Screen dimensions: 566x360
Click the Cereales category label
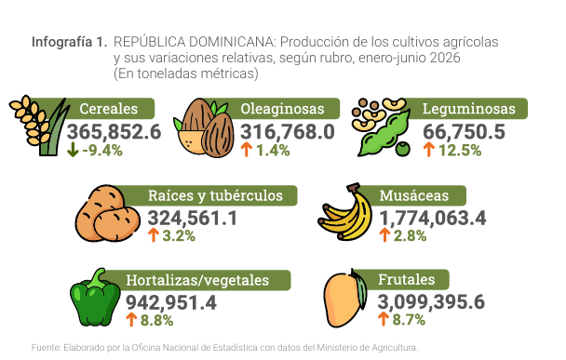pos(109,109)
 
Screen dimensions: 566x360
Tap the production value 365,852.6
pos(115,132)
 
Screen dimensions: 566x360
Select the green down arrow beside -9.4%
pos(73,150)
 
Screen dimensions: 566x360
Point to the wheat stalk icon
pos(38,126)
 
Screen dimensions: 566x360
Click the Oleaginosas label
pos(282,109)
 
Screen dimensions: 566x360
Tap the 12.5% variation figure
pos(460,150)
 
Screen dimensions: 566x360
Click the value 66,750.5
pos(464,132)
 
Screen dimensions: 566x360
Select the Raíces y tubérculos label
pos(215,195)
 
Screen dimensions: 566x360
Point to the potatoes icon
pos(108,214)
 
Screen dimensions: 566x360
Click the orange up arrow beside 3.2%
pos(154,235)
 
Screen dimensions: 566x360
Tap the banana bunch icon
pos(345,212)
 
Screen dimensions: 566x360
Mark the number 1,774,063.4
pos(433,219)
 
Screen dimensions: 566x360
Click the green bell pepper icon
pos(95,298)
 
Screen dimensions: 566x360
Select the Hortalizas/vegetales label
pos(197,280)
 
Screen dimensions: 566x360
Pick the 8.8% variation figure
pos(156,320)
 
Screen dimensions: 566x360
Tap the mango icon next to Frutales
pos(345,299)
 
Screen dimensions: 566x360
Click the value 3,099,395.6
pos(431,302)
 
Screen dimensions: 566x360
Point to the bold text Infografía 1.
pos(69,42)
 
